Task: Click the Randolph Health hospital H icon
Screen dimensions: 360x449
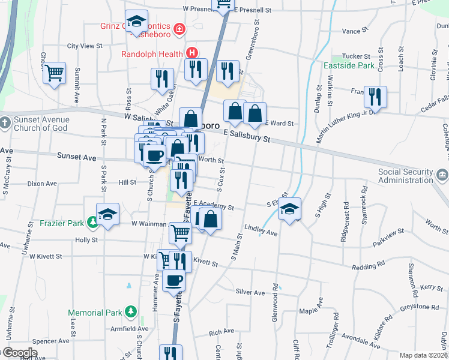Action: click(x=191, y=53)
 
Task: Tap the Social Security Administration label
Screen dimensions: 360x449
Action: click(x=405, y=176)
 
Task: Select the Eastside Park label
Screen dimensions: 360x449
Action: click(x=349, y=65)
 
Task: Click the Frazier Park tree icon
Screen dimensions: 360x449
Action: click(x=92, y=223)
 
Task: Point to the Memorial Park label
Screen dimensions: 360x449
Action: click(x=95, y=313)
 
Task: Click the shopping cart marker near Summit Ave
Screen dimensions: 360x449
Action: click(x=55, y=73)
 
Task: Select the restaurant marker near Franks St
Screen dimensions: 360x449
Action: click(x=375, y=96)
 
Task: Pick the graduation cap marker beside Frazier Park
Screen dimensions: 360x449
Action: click(x=108, y=214)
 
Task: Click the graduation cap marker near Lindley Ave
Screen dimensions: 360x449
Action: click(x=290, y=209)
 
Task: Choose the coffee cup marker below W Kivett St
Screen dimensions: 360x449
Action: click(x=174, y=280)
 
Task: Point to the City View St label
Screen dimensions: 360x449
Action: click(x=85, y=46)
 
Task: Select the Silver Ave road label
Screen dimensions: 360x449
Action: click(x=250, y=292)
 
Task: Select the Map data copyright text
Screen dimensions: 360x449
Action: click(x=424, y=355)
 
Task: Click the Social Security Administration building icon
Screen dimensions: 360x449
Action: click(x=442, y=176)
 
